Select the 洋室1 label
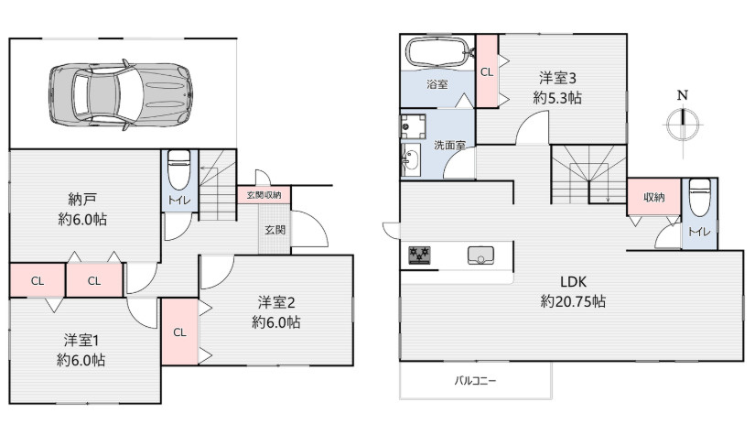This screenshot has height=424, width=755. coord(81,340)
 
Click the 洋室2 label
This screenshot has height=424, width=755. coord(276,301)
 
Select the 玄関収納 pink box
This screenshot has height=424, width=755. coord(264,195)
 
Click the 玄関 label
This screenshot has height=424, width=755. coord(275,229)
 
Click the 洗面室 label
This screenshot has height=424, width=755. coord(449,145)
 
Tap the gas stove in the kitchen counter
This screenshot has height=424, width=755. coord(420,255)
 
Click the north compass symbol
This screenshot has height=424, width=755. coord(681,123)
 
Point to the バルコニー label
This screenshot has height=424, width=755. coord(476,380)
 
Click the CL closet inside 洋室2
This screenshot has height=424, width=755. coord(179,332)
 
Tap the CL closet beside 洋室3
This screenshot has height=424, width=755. coord(486,71)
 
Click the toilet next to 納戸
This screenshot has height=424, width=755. coord(179,170)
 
